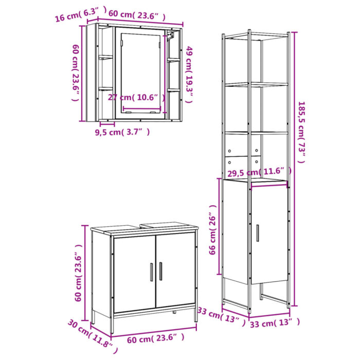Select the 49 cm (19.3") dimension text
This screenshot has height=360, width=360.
(189, 74)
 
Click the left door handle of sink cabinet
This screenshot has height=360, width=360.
(151, 271)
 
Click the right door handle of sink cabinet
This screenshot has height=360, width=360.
(160, 271)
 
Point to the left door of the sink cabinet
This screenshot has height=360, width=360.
(134, 274)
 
